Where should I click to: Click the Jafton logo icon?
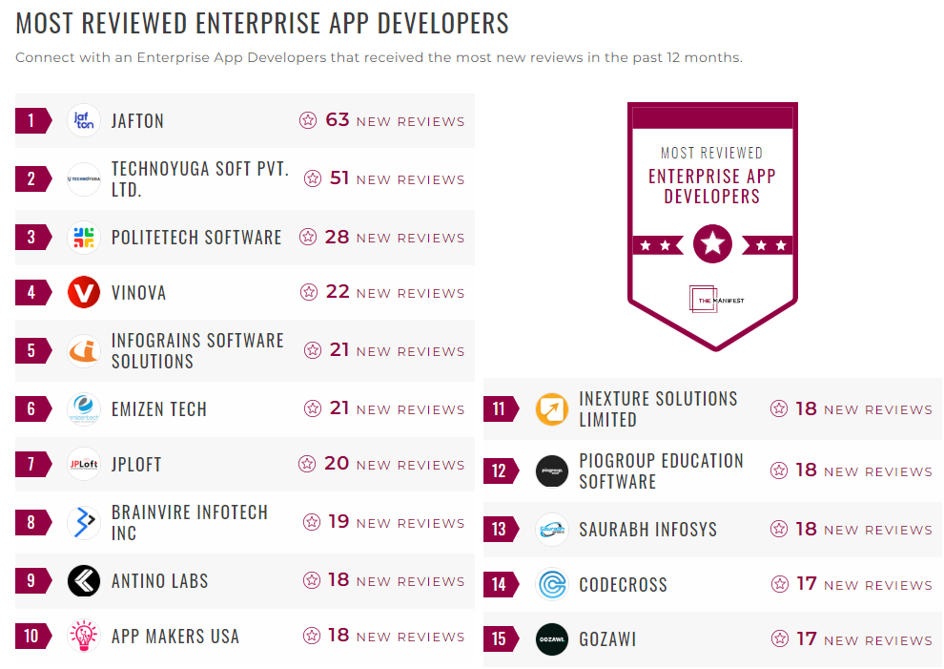[84, 121]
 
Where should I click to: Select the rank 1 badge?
[31, 121]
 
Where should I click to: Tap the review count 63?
[338, 120]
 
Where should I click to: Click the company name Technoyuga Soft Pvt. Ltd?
[199, 179]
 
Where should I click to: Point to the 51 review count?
[339, 178]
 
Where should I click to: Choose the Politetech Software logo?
[84, 238]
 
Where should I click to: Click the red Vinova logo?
[84, 293]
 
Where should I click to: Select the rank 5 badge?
[31, 351]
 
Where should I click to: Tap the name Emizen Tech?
[158, 409]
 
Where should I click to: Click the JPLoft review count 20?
[337, 464]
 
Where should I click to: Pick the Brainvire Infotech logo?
[84, 523]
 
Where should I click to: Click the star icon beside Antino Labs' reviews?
[311, 580]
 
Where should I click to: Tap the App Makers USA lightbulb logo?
[84, 637]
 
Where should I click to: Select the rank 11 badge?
[500, 409]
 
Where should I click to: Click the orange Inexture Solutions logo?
[552, 409]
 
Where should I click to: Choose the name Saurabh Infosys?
[647, 530]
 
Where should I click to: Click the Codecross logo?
[552, 585]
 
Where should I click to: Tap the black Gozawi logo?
[552, 640]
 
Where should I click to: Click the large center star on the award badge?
[712, 244]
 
